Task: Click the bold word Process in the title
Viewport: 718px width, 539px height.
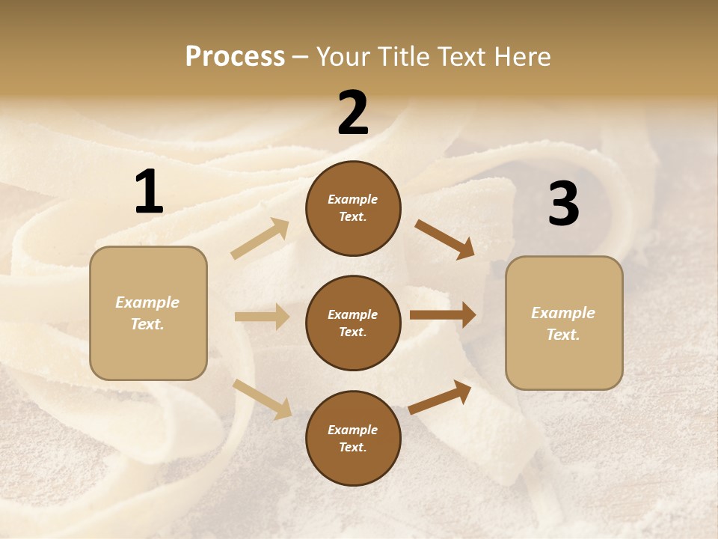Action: (x=235, y=57)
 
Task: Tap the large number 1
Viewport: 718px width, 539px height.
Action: (x=149, y=192)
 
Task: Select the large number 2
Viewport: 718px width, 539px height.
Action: (x=353, y=113)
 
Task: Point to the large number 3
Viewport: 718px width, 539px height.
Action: (x=563, y=204)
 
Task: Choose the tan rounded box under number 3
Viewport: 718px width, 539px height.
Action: (x=564, y=363)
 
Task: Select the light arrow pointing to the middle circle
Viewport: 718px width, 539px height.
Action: (x=262, y=317)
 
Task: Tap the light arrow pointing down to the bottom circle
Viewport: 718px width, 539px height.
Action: (x=262, y=399)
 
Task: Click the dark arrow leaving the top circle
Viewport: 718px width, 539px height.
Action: (x=444, y=239)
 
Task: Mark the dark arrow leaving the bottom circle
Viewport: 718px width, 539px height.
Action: (x=440, y=398)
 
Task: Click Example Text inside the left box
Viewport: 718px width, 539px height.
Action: (x=147, y=313)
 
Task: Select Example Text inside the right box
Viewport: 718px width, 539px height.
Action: (x=563, y=323)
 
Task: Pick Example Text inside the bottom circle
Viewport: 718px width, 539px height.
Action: (x=353, y=438)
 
